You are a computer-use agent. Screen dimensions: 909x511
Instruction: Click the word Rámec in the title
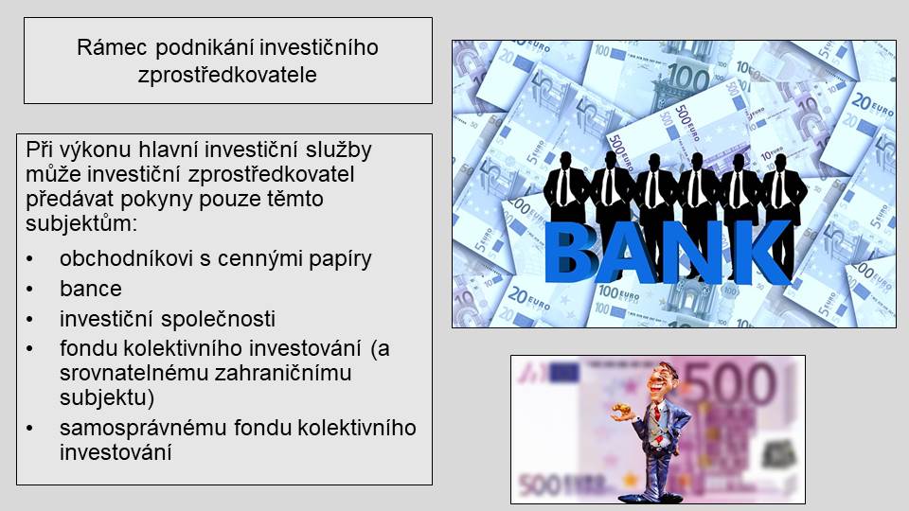(x=112, y=47)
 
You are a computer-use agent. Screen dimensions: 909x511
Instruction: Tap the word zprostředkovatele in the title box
(x=227, y=74)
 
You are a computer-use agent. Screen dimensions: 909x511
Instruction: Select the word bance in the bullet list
(x=91, y=289)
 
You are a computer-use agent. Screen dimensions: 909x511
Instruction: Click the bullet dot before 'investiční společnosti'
(x=29, y=319)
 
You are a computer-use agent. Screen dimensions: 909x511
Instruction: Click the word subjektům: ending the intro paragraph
(x=81, y=223)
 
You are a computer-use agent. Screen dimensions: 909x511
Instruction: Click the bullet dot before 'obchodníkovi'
(x=29, y=259)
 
